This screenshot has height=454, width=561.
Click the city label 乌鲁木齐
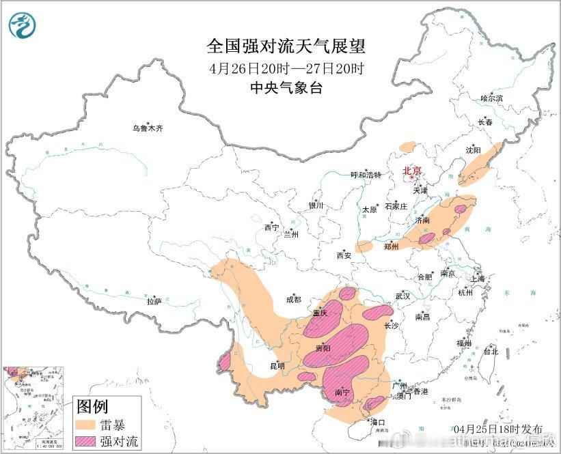(x=148, y=128)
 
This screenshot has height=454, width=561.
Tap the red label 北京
(x=412, y=171)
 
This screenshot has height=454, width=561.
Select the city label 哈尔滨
(x=491, y=99)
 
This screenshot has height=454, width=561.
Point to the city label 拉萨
(x=154, y=301)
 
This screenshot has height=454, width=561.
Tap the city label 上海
(x=477, y=279)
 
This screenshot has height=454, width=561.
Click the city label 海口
(x=377, y=422)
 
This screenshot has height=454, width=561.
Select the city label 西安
(x=343, y=255)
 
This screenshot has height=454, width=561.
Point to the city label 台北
(x=491, y=352)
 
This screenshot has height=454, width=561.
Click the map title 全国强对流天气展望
(x=286, y=46)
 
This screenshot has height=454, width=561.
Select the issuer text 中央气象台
(x=286, y=88)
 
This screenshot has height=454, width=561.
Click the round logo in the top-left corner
(x=22, y=25)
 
